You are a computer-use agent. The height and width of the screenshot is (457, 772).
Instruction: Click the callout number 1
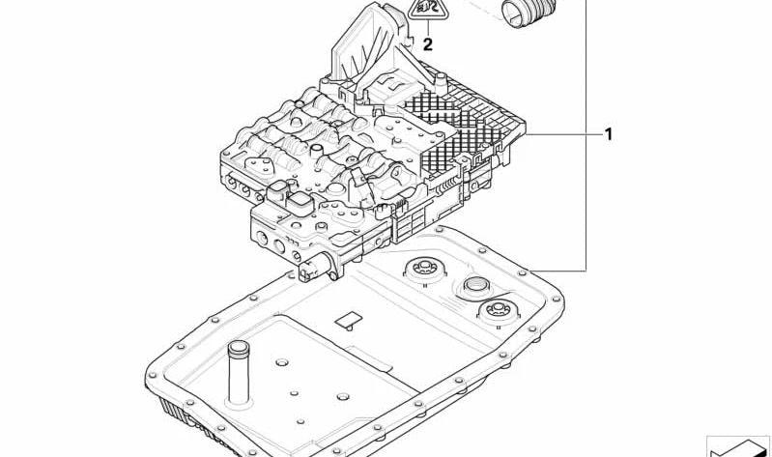click(x=609, y=134)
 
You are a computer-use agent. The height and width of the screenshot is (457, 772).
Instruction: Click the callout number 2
click(x=427, y=44)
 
